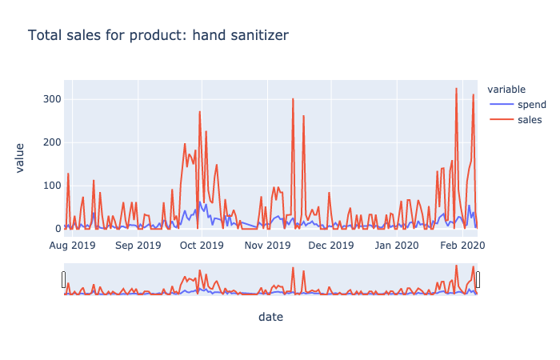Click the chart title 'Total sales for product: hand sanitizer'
(x=158, y=35)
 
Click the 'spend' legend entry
(x=531, y=105)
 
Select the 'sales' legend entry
(x=530, y=120)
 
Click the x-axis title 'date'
(x=270, y=318)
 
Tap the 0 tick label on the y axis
(x=55, y=229)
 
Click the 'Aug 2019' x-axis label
(x=72, y=245)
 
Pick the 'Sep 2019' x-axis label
(x=138, y=245)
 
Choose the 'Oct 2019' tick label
(x=201, y=245)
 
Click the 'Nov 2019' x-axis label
(x=266, y=245)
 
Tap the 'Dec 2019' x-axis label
(x=330, y=245)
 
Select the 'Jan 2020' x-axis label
(x=396, y=245)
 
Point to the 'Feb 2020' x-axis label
(x=462, y=245)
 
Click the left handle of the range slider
(x=64, y=279)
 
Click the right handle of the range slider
(x=478, y=279)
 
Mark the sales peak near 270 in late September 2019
(x=200, y=112)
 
